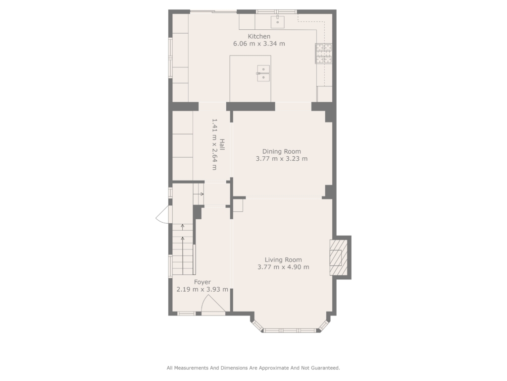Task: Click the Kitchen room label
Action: (x=259, y=36)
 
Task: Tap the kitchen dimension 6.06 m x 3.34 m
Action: (x=259, y=44)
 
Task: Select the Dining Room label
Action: (x=281, y=151)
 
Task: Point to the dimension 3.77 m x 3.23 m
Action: (x=282, y=159)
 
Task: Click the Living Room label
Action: (x=283, y=259)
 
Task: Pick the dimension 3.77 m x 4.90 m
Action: (x=283, y=267)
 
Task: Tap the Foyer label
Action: (x=203, y=282)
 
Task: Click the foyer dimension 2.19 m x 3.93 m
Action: (x=203, y=289)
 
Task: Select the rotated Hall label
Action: (x=222, y=144)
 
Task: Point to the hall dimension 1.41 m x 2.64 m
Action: (x=214, y=144)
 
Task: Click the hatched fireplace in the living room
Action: (x=339, y=257)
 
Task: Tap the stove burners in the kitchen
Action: (x=324, y=53)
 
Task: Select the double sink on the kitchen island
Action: (x=263, y=73)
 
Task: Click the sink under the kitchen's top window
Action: (x=277, y=21)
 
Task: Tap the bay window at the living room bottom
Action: (x=289, y=330)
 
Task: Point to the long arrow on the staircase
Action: (x=183, y=256)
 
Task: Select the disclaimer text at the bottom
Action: (x=253, y=368)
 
